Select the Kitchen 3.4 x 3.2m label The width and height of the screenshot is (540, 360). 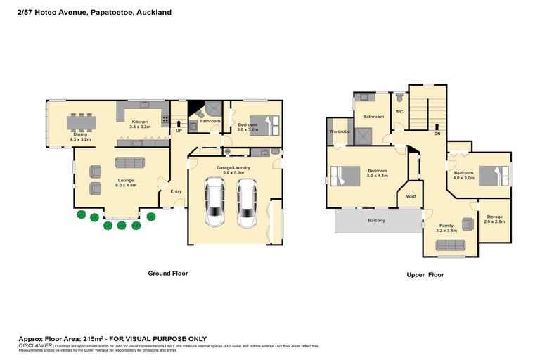pyautogui.click(x=141, y=124)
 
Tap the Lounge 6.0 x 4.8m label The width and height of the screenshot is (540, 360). pyautogui.click(x=126, y=183)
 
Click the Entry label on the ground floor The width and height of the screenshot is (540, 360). pyautogui.click(x=175, y=191)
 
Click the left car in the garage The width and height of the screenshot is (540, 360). pyautogui.click(x=215, y=202)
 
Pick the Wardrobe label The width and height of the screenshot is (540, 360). pyautogui.click(x=340, y=131)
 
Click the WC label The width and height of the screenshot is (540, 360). pyautogui.click(x=399, y=111)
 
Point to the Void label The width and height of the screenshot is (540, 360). pyautogui.click(x=411, y=196)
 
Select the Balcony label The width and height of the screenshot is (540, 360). pyautogui.click(x=376, y=220)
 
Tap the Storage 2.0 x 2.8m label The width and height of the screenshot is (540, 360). pyautogui.click(x=494, y=219)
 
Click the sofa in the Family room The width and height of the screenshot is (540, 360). pyautogui.click(x=450, y=245)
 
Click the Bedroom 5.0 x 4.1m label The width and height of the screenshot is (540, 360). pyautogui.click(x=378, y=173)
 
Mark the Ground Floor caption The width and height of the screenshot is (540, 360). pyautogui.click(x=167, y=273)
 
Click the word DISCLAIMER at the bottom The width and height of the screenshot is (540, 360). pyautogui.click(x=34, y=345)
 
